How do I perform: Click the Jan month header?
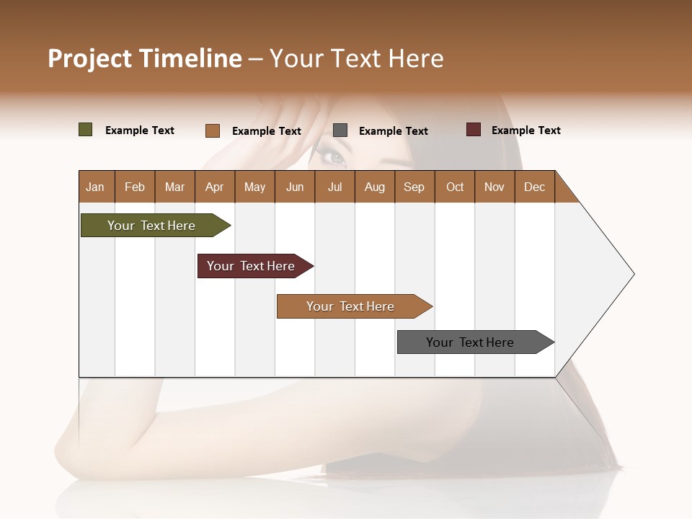(x=95, y=187)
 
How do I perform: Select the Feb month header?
(x=135, y=187)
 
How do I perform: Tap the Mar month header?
(x=174, y=187)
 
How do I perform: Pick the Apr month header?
(x=214, y=187)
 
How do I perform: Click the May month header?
(x=254, y=187)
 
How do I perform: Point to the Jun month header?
(x=295, y=187)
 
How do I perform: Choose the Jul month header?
(x=334, y=187)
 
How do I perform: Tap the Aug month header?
(x=374, y=187)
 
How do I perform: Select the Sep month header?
(x=414, y=187)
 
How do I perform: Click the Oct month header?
(x=455, y=187)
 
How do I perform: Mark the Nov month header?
(x=494, y=187)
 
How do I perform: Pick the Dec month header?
(x=534, y=187)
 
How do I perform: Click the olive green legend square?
(x=86, y=130)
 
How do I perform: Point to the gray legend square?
(x=340, y=130)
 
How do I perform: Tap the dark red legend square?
(x=474, y=130)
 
